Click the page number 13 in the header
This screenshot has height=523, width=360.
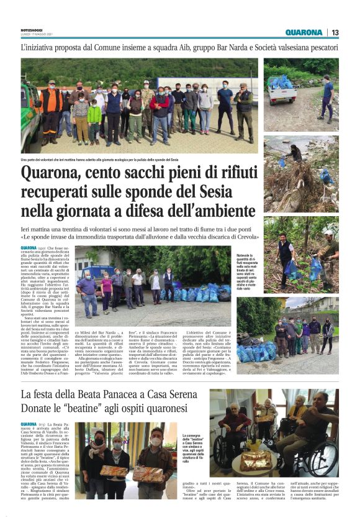point(335,32)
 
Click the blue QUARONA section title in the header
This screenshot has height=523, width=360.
point(304,32)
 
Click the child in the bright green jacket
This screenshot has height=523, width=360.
point(94,119)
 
